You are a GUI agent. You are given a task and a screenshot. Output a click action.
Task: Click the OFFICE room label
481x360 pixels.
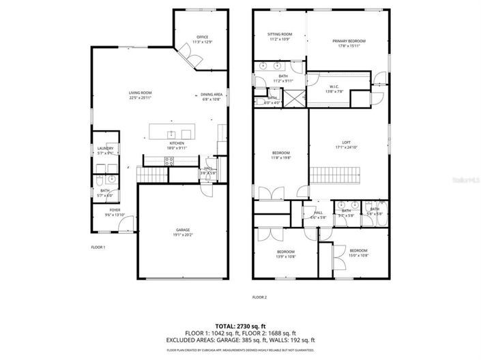202,37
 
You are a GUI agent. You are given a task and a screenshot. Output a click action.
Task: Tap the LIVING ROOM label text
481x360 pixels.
140,93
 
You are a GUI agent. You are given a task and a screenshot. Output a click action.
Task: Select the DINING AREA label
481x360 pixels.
212,94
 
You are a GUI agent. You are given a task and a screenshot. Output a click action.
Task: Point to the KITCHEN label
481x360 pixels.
177,143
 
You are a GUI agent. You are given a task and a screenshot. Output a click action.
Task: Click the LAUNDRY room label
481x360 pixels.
105,148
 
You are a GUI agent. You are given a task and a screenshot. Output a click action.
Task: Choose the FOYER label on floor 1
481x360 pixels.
115,210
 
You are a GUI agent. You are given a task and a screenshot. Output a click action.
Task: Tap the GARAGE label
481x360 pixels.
182,230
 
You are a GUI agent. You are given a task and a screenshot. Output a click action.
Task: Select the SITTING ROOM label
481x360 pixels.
280,34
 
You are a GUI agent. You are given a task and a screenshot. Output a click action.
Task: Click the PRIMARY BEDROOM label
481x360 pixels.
347,41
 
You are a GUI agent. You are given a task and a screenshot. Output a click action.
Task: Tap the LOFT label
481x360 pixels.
347,142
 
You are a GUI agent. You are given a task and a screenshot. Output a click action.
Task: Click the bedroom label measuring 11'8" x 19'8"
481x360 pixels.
281,153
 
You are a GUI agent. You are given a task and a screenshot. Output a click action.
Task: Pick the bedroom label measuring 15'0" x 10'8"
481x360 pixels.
358,250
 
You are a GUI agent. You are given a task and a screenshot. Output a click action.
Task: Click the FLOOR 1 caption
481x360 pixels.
98,247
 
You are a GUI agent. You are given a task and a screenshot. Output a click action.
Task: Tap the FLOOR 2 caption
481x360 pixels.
259,297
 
